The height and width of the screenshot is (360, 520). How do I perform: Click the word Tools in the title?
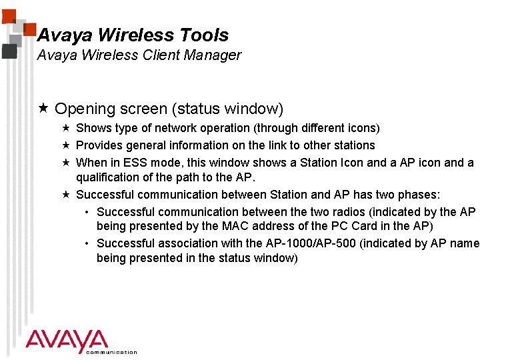pos(201,35)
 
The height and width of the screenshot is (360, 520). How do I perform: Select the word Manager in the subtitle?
pos(213,55)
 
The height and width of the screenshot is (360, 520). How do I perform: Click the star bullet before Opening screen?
pos(43,108)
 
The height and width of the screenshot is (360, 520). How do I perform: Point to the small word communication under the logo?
pos(111,352)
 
